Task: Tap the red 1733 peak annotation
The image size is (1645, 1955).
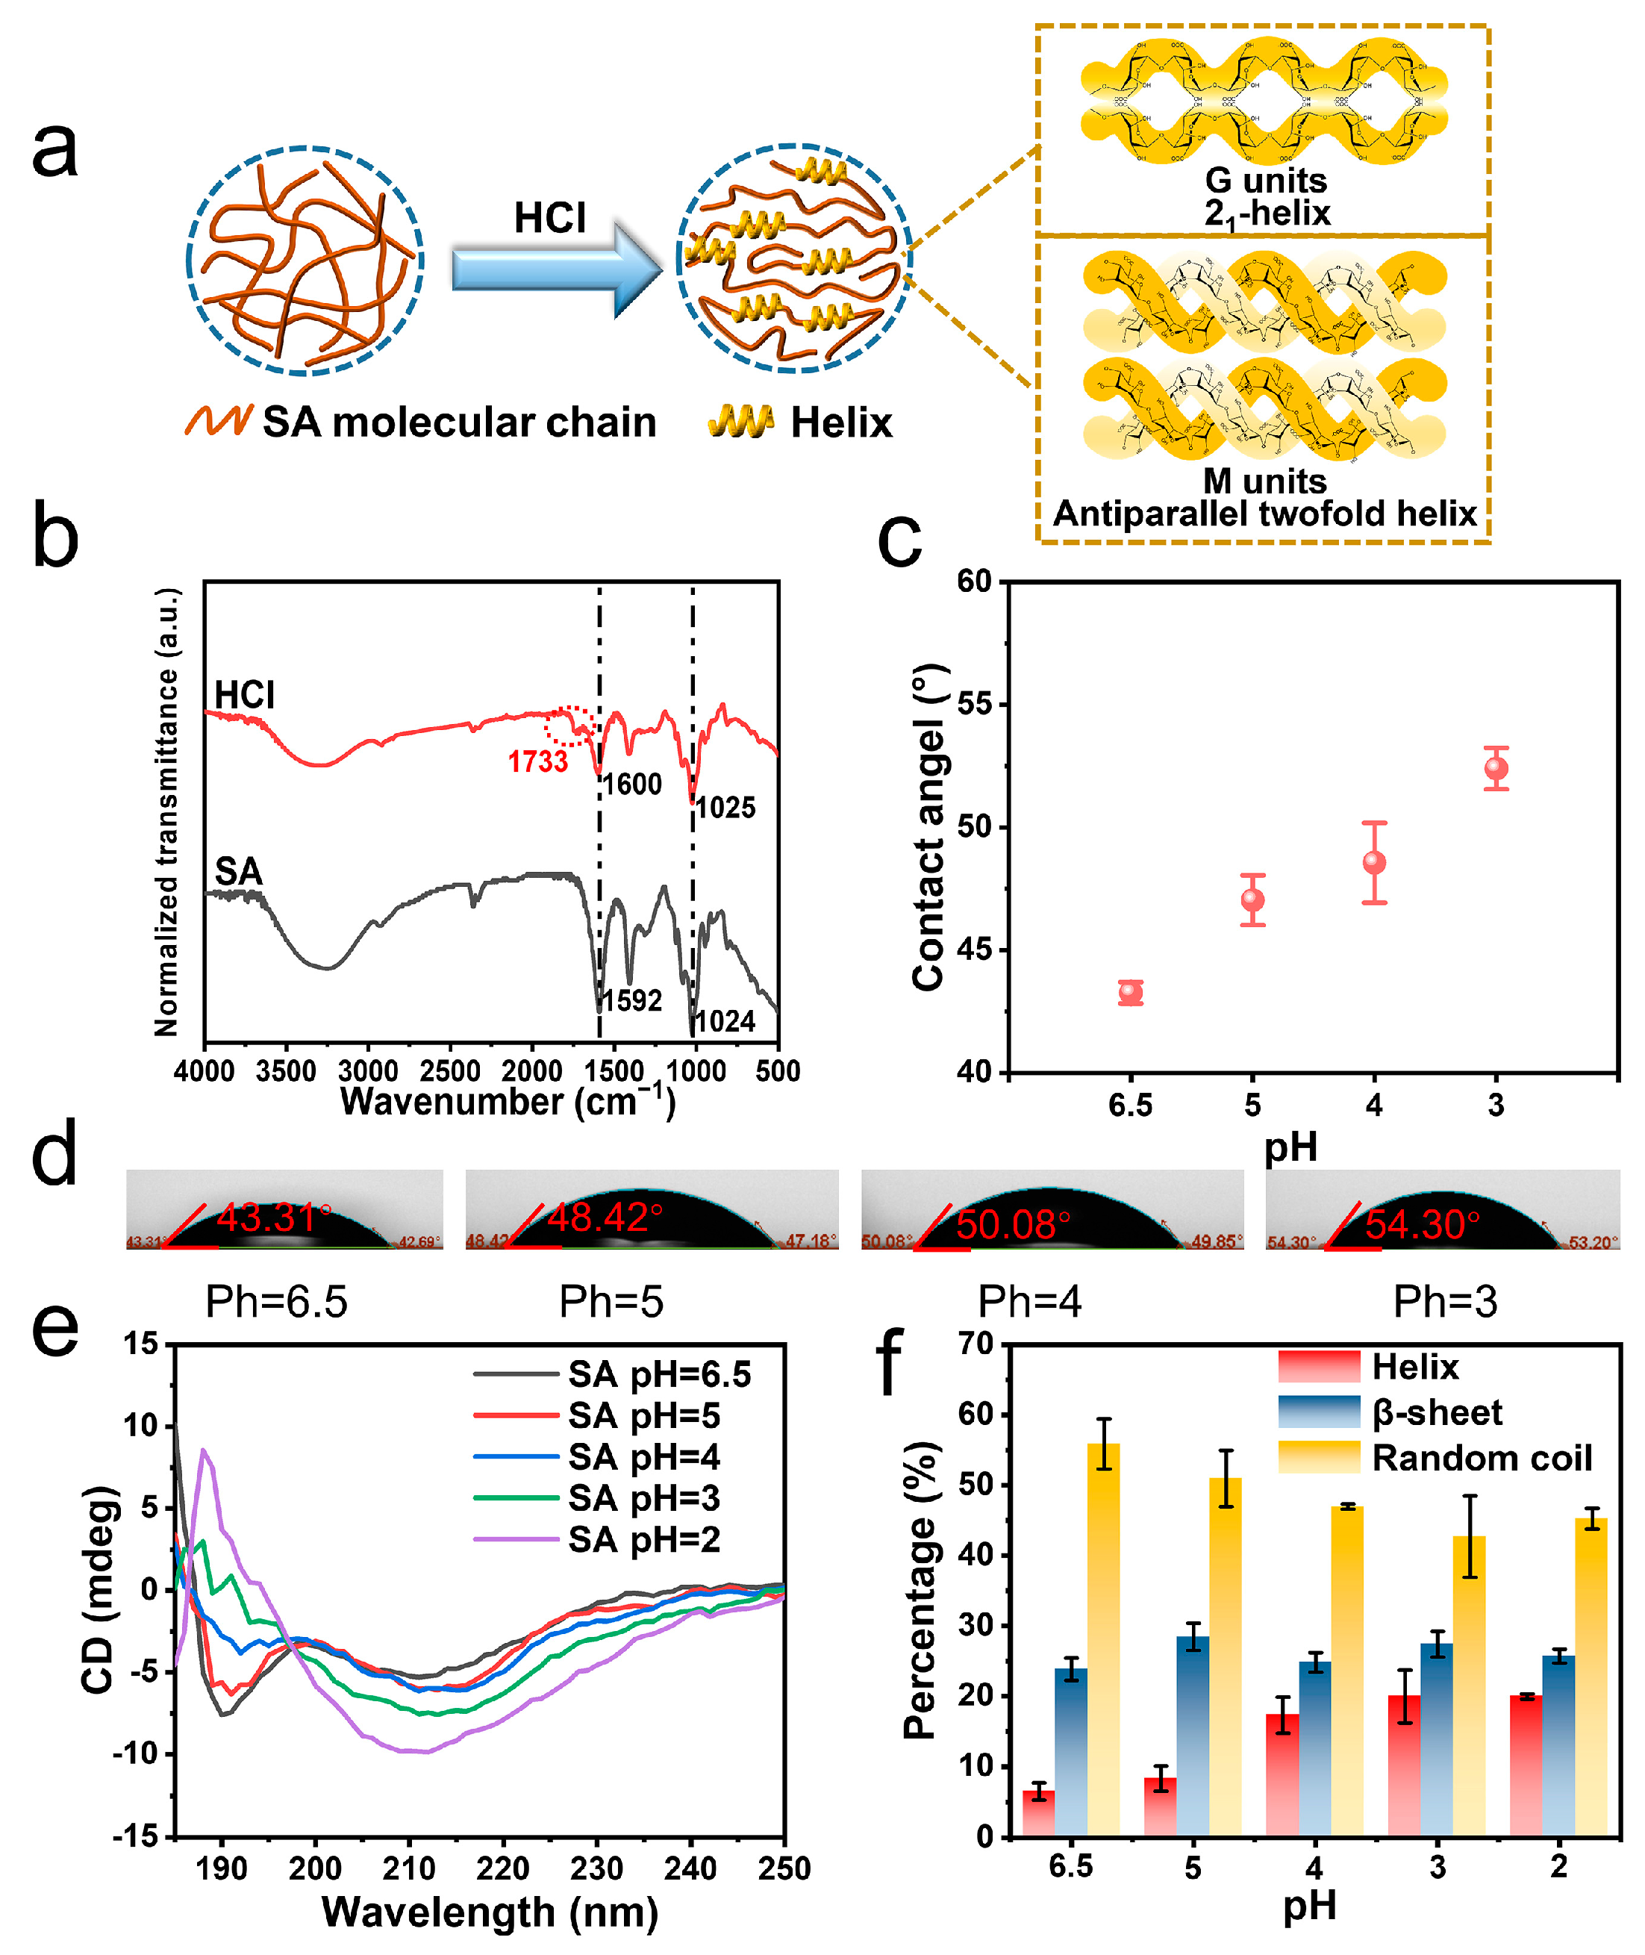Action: coord(537,762)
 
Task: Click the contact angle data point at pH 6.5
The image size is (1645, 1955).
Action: coord(1130,992)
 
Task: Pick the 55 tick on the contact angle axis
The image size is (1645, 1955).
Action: coord(976,704)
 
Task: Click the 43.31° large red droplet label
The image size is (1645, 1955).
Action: coord(274,1218)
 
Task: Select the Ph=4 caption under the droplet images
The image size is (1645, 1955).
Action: coord(1029,1301)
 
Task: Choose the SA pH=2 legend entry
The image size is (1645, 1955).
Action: coord(643,1539)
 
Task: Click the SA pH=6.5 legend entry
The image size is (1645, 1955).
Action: coord(658,1374)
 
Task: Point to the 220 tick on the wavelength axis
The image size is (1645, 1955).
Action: coord(502,1868)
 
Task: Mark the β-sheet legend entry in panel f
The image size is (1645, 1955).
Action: coord(1436,1412)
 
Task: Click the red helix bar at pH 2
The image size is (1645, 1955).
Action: coord(1526,1765)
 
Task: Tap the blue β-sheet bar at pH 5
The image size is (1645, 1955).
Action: coord(1193,1735)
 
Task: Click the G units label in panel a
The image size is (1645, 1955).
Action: coord(1265,180)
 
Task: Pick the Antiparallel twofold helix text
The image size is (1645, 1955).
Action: coord(1264,513)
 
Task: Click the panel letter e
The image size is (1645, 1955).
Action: coord(55,1329)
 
